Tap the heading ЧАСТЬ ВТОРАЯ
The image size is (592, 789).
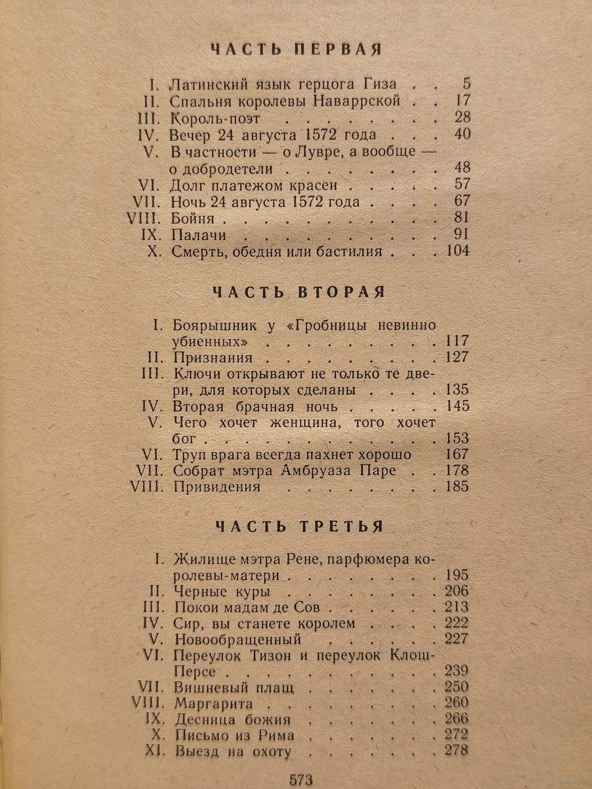click(x=298, y=292)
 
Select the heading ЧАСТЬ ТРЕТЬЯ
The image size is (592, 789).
click(x=299, y=526)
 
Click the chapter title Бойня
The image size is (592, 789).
click(x=191, y=218)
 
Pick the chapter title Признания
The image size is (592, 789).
click(x=213, y=358)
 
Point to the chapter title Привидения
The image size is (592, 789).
click(x=217, y=487)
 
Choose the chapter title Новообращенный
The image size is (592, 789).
click(x=238, y=639)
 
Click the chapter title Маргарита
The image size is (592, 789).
click(x=213, y=704)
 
